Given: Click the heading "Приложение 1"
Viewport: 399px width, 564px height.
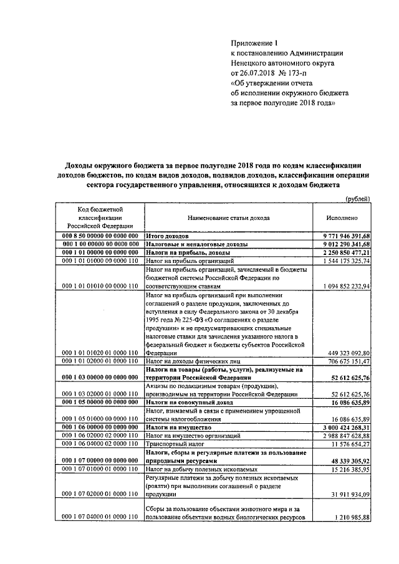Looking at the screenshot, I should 253,43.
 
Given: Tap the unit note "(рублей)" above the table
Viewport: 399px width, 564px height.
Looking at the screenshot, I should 358,199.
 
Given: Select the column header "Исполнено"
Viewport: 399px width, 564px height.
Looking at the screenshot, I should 342,219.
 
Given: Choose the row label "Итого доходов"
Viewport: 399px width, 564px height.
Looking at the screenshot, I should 166,237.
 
